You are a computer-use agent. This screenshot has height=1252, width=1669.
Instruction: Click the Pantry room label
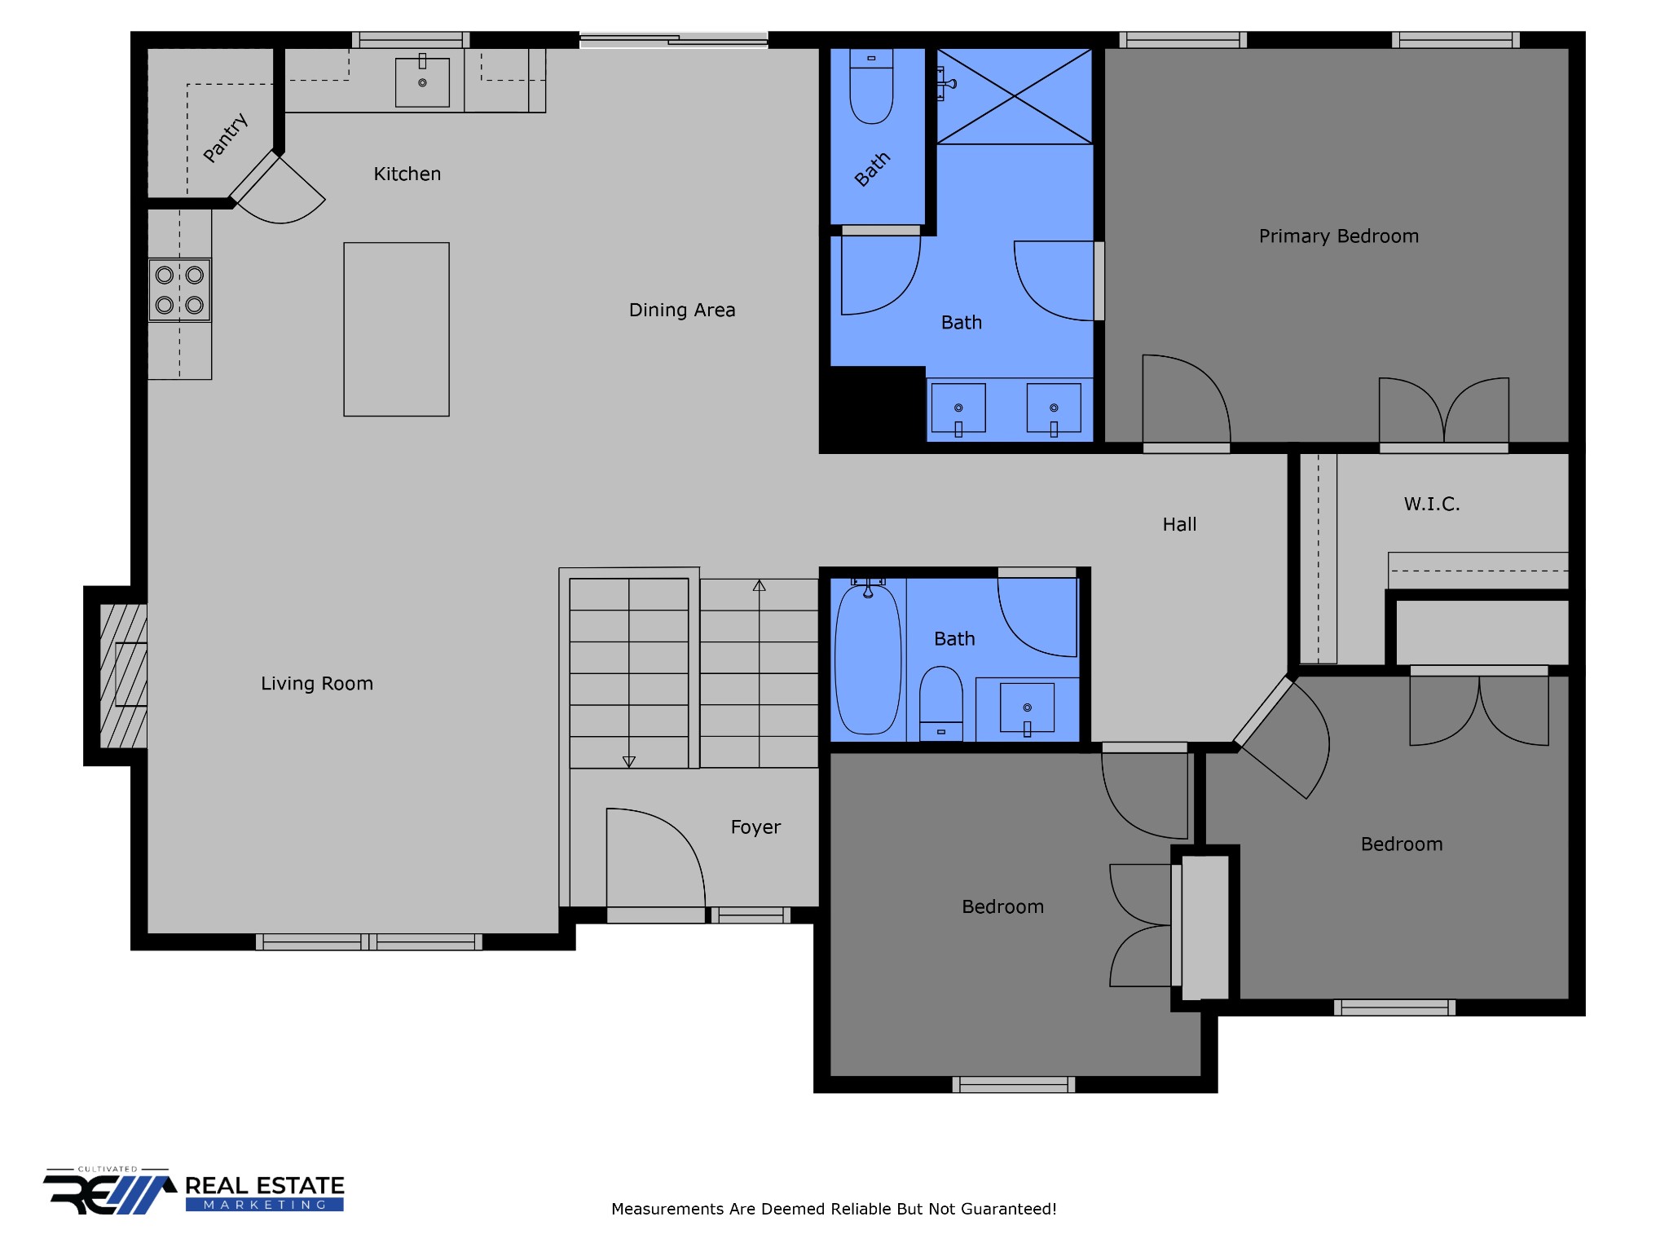pyautogui.click(x=225, y=138)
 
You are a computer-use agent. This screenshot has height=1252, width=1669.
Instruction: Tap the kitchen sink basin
pyautogui.click(x=422, y=82)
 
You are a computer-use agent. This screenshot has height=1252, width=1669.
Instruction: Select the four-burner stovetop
pyautogui.click(x=179, y=289)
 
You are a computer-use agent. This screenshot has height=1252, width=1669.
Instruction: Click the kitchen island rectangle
pyautogui.click(x=396, y=329)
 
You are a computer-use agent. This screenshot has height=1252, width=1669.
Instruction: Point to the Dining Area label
pyautogui.click(x=681, y=310)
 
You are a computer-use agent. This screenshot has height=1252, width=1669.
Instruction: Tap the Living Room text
pyautogui.click(x=316, y=683)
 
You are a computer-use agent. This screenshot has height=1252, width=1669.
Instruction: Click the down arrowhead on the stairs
pyautogui.click(x=628, y=761)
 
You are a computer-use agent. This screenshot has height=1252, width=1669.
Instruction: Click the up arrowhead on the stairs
pyautogui.click(x=759, y=585)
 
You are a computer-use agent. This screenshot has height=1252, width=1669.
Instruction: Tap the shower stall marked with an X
pyautogui.click(x=1014, y=96)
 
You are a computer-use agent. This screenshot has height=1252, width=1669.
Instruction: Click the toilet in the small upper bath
pyautogui.click(x=871, y=88)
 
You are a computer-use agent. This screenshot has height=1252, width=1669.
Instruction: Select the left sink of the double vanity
pyautogui.click(x=958, y=408)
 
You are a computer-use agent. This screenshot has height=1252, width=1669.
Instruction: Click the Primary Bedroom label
pyautogui.click(x=1338, y=236)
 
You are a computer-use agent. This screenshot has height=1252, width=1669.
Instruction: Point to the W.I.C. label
pyautogui.click(x=1431, y=504)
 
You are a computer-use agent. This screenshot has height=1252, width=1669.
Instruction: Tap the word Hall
pyautogui.click(x=1178, y=524)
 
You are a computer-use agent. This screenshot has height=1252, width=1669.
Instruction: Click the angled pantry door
pyautogui.click(x=254, y=175)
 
